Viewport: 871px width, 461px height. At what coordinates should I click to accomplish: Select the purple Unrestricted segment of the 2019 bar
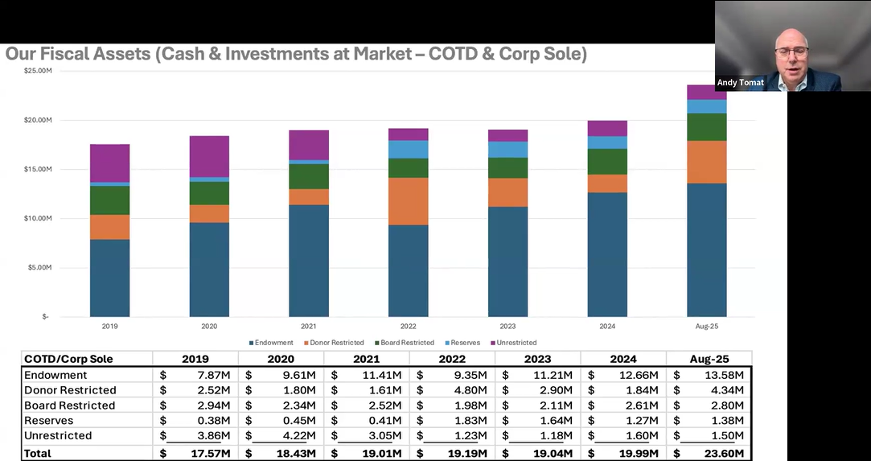click(x=109, y=163)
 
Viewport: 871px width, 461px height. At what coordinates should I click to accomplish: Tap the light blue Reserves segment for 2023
click(x=507, y=149)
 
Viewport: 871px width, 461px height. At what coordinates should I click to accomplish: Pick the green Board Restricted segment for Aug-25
click(x=706, y=127)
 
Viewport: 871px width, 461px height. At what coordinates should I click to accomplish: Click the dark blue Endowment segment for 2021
click(x=309, y=261)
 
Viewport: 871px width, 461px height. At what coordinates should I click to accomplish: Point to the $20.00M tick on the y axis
click(x=39, y=120)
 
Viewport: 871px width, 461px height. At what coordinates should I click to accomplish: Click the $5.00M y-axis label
click(x=39, y=267)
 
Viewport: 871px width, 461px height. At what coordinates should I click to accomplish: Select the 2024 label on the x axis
click(x=607, y=327)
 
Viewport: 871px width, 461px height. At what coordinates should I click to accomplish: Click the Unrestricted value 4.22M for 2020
click(x=299, y=436)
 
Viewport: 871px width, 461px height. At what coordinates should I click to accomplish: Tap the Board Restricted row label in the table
click(x=70, y=405)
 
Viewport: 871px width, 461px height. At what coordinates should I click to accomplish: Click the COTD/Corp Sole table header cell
click(x=68, y=359)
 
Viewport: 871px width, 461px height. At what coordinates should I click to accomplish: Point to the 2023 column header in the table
click(x=537, y=359)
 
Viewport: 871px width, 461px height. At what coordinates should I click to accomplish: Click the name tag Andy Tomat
click(x=741, y=83)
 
